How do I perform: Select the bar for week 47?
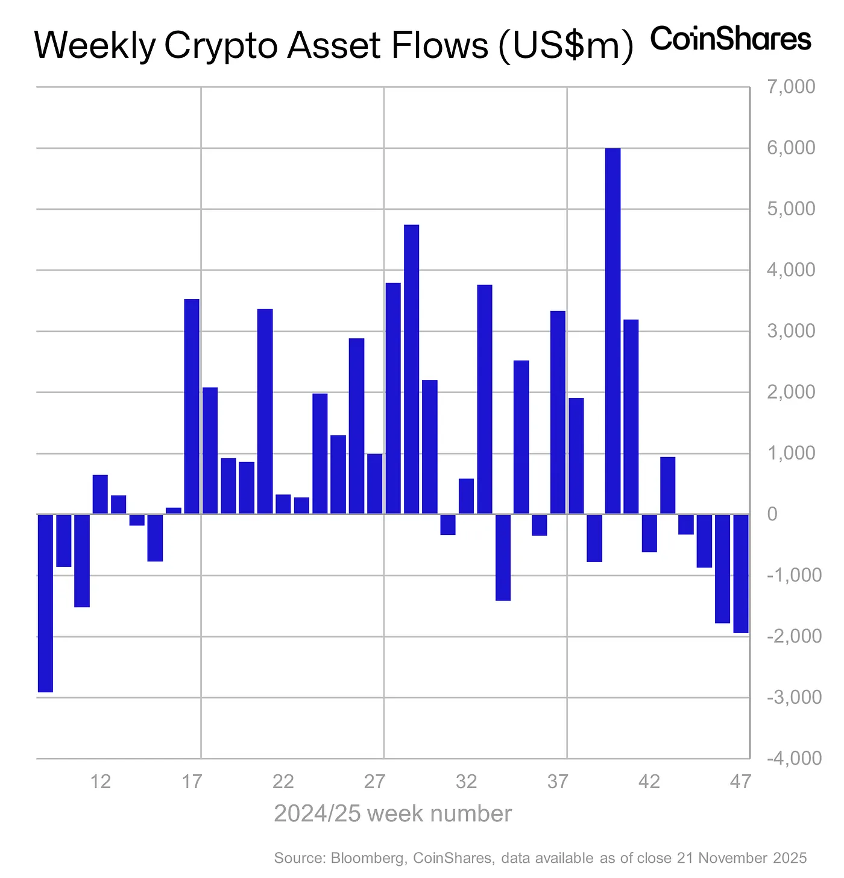(740, 573)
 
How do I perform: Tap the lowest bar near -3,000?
(45, 603)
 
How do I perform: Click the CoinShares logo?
(731, 40)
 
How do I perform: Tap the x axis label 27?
(374, 782)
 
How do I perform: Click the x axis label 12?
(100, 782)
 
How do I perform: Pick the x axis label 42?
(649, 782)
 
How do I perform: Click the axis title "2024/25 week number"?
(392, 813)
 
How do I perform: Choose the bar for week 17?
(192, 406)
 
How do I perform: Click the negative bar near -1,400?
(503, 557)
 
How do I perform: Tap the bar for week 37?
(558, 412)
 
